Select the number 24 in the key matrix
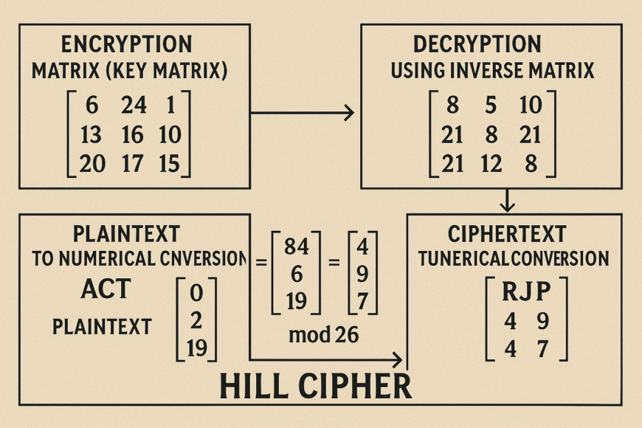pos(134,106)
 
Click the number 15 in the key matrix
pos(169,163)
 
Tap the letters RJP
pos(527,291)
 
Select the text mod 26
pos(324,334)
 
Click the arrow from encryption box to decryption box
pos(303,113)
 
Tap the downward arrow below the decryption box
pos(508,199)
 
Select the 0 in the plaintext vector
pos(196,293)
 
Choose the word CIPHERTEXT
pos(507,235)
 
